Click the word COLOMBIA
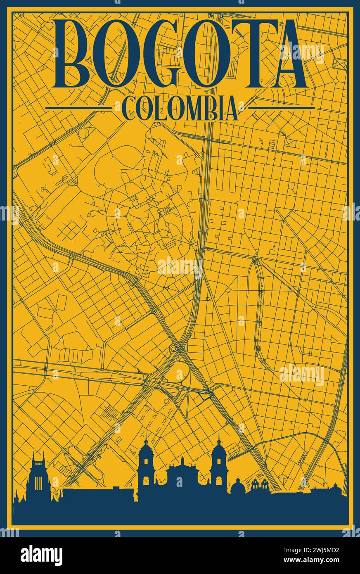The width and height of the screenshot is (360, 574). point(180,108)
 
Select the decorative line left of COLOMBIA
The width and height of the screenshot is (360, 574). point(78,108)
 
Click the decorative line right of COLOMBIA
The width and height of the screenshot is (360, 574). point(282,108)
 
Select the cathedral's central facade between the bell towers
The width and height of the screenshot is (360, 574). point(182,475)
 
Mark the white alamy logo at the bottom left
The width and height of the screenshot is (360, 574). point(41,555)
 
